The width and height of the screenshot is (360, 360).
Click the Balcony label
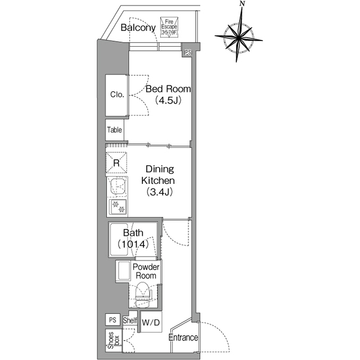tap(138, 28)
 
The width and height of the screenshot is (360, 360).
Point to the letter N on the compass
tap(242, 4)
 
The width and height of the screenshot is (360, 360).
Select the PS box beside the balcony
tap(187, 52)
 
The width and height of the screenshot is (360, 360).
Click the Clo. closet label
tap(117, 94)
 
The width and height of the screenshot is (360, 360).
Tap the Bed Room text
tap(168, 89)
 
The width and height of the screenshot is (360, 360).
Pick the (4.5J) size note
tap(168, 101)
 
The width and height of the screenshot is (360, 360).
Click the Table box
tap(115, 130)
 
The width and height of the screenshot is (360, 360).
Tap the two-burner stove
tap(119, 207)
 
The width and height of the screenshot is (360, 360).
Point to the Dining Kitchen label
tap(160, 175)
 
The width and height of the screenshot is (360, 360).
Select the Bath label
tap(133, 232)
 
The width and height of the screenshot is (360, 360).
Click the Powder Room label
tap(146, 272)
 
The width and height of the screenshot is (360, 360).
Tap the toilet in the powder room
tap(142, 293)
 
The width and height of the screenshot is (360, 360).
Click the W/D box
tap(150, 323)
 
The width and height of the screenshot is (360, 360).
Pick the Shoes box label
tap(115, 340)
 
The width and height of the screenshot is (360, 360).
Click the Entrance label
tap(183, 338)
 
